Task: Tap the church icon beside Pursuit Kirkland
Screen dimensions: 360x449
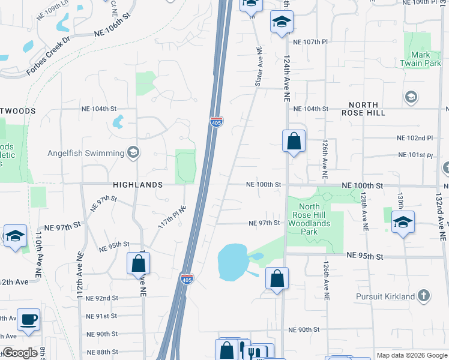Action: (x=424, y=296)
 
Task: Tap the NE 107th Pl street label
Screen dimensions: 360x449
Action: (x=311, y=43)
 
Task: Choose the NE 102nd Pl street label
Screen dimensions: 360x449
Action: (x=415, y=137)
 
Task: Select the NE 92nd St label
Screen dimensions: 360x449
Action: (x=102, y=298)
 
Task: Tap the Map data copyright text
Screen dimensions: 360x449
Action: (x=411, y=355)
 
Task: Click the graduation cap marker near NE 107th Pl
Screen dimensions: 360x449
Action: (x=280, y=22)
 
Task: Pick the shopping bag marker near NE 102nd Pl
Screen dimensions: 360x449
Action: (x=294, y=142)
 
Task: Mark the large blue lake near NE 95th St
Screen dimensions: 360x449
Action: (x=232, y=262)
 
